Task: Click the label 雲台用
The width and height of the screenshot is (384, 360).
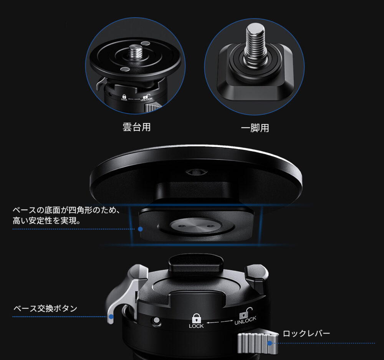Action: click(136, 127)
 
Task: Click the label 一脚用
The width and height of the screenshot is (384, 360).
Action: click(255, 128)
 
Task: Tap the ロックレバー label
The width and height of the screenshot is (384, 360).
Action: click(306, 333)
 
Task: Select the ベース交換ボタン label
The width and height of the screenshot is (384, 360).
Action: click(45, 308)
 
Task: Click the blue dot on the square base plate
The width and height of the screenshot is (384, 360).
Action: click(140, 229)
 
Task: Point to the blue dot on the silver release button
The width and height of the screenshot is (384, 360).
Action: click(111, 317)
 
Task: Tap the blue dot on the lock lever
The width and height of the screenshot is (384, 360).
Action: click(270, 343)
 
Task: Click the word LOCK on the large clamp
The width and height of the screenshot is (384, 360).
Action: click(196, 326)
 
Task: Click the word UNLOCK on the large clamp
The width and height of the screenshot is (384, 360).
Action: click(245, 320)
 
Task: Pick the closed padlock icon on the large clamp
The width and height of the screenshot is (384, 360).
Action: click(196, 318)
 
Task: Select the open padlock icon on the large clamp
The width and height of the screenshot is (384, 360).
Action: click(246, 312)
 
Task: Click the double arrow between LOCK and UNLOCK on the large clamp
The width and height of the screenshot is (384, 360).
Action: click(220, 322)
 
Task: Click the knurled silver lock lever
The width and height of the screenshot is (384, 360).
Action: click(258, 343)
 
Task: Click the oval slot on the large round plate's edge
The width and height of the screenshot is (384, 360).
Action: click(196, 172)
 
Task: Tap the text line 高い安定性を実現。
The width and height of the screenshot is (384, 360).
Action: click(46, 221)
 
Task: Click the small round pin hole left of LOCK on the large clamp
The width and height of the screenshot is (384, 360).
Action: click(156, 320)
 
